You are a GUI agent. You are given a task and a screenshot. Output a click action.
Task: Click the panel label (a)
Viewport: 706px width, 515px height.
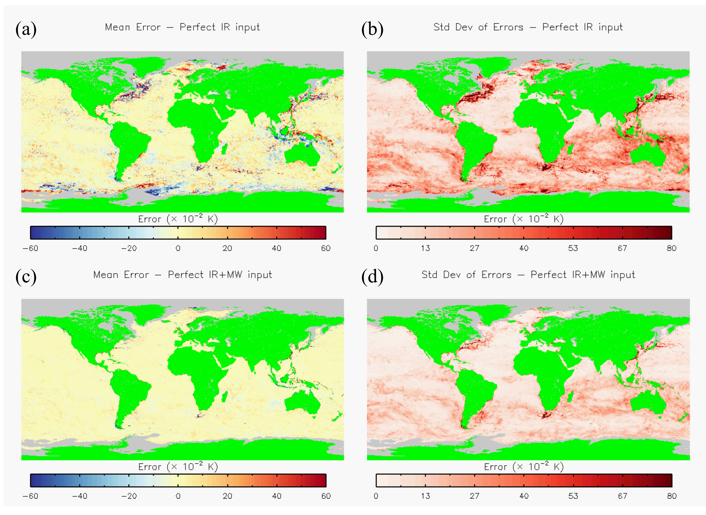click(26, 29)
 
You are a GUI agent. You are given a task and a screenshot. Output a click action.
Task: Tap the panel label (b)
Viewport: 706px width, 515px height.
click(372, 29)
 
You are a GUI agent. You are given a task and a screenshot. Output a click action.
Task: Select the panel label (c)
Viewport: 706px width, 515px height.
click(26, 277)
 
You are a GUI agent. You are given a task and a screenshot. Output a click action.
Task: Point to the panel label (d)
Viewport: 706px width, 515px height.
click(372, 277)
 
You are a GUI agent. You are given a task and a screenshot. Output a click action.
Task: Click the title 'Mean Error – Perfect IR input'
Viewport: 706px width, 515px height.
click(182, 27)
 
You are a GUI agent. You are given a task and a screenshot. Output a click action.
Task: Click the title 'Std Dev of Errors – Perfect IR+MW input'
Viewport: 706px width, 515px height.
click(528, 275)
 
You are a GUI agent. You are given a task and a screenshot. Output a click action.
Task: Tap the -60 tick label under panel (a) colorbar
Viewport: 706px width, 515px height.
click(30, 248)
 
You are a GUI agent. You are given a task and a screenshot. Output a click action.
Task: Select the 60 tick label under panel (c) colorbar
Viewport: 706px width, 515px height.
click(326, 496)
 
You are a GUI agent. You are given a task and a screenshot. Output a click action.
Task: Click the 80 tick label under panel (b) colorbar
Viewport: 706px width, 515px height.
click(672, 248)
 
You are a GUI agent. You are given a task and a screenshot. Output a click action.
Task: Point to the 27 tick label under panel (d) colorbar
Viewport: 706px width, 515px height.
click(475, 496)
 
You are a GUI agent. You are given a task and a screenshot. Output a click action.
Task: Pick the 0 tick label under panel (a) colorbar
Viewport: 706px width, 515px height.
click(178, 248)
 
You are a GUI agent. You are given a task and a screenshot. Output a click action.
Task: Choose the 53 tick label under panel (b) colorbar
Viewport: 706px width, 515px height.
click(573, 248)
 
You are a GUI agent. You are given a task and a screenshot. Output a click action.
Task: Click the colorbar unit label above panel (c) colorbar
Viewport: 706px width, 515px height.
click(178, 467)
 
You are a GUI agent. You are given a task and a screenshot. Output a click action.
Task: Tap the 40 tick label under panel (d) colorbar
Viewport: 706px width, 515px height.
click(524, 496)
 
